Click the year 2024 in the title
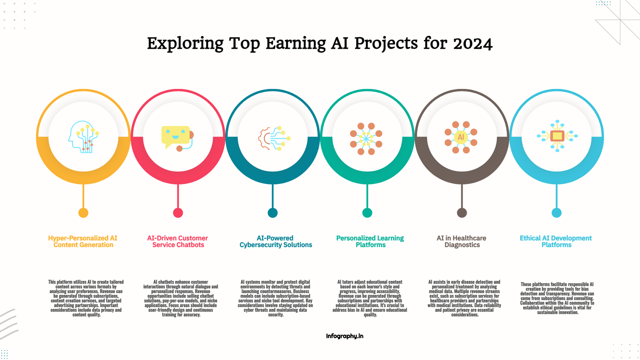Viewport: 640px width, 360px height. pyautogui.click(x=473, y=44)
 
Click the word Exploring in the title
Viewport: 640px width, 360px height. pyautogui.click(x=185, y=44)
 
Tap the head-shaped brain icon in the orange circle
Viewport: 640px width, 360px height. pyautogui.click(x=84, y=137)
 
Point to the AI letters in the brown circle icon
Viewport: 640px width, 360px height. pyautogui.click(x=461, y=137)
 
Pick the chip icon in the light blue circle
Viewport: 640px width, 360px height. pyautogui.click(x=557, y=136)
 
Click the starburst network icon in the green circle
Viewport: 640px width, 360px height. pyautogui.click(x=366, y=139)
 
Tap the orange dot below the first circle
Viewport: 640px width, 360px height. pyautogui.click(x=84, y=213)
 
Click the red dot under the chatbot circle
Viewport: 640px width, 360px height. pyautogui.click(x=178, y=213)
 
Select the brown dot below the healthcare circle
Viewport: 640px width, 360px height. pyautogui.click(x=462, y=213)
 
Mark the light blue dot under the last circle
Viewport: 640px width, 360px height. pyautogui.click(x=556, y=213)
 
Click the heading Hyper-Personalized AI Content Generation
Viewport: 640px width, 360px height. pyautogui.click(x=83, y=242)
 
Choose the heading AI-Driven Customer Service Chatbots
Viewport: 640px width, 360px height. pyautogui.click(x=178, y=242)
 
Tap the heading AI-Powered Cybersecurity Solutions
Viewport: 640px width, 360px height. pyautogui.click(x=276, y=242)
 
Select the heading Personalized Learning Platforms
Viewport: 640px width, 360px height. pyautogui.click(x=370, y=242)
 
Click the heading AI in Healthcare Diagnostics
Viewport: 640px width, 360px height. pyautogui.click(x=462, y=242)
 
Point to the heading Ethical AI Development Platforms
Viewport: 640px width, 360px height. pyautogui.click(x=556, y=242)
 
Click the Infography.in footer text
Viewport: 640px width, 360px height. pyautogui.click(x=344, y=336)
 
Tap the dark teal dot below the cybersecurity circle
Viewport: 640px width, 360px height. pyautogui.click(x=272, y=213)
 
